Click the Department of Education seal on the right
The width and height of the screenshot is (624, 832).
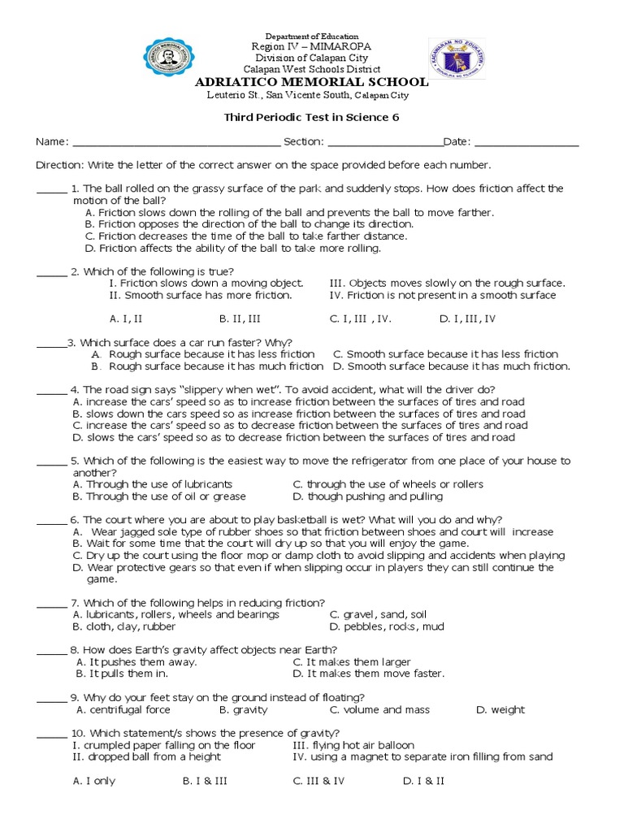[x=458, y=66]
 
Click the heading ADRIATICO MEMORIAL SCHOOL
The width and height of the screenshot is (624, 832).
[x=311, y=82]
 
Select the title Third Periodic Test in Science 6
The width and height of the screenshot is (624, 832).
[x=311, y=117]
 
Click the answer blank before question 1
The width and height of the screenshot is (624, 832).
[x=51, y=190]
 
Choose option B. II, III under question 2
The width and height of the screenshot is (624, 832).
[x=240, y=319]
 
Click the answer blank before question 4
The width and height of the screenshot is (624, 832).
[x=51, y=391]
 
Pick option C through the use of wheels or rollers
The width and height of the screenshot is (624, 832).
[x=388, y=484]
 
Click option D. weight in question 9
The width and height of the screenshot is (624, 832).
[x=500, y=709]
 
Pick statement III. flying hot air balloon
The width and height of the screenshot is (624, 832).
[x=353, y=745]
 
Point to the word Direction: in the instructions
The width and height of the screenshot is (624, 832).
[x=60, y=165]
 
